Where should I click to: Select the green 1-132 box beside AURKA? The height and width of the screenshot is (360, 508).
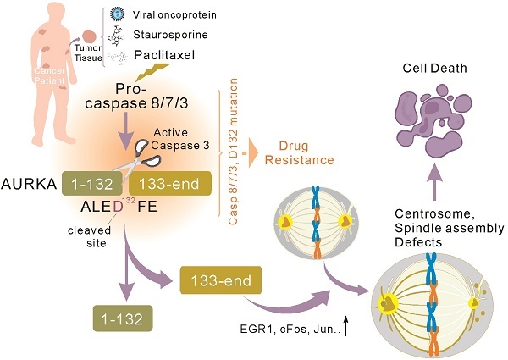click(93, 182)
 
